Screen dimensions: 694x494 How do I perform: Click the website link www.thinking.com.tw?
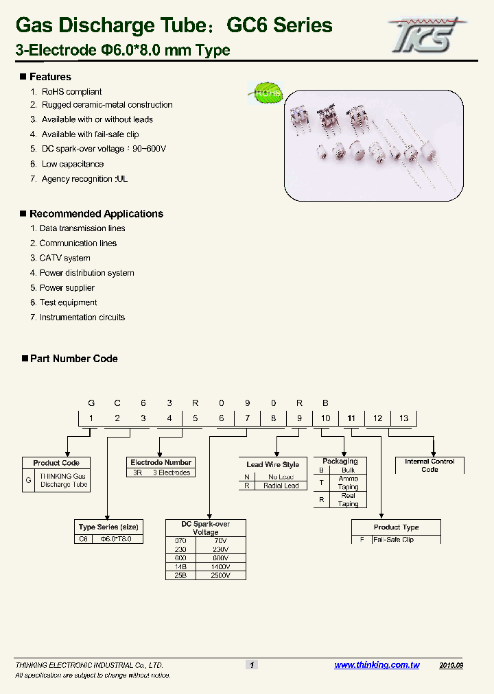coord(377,665)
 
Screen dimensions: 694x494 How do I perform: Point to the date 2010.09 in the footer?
coord(451,665)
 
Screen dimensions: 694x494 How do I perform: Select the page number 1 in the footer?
coord(252,665)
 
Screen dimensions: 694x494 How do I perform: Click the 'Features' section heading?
coord(50,77)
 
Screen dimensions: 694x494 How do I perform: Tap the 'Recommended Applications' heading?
coord(96,214)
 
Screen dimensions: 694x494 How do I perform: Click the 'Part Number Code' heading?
coord(73,359)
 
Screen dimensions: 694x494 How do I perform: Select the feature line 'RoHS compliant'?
coord(71,92)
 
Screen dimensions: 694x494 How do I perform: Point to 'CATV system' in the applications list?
coord(64,259)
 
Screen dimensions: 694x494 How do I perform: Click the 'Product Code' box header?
coord(56,463)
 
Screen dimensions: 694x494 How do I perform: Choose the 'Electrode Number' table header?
coord(161,463)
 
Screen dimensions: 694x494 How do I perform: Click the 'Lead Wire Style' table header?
coord(272,465)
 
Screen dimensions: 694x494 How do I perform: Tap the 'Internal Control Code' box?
coord(430,466)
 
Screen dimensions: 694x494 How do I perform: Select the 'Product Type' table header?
coord(396,527)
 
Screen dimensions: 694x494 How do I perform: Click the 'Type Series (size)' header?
coord(108,527)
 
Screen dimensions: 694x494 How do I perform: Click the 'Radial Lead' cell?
coord(281,486)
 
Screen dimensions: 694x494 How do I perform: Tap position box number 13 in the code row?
coord(403,418)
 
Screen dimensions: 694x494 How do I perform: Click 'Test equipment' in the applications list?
coord(68,302)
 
